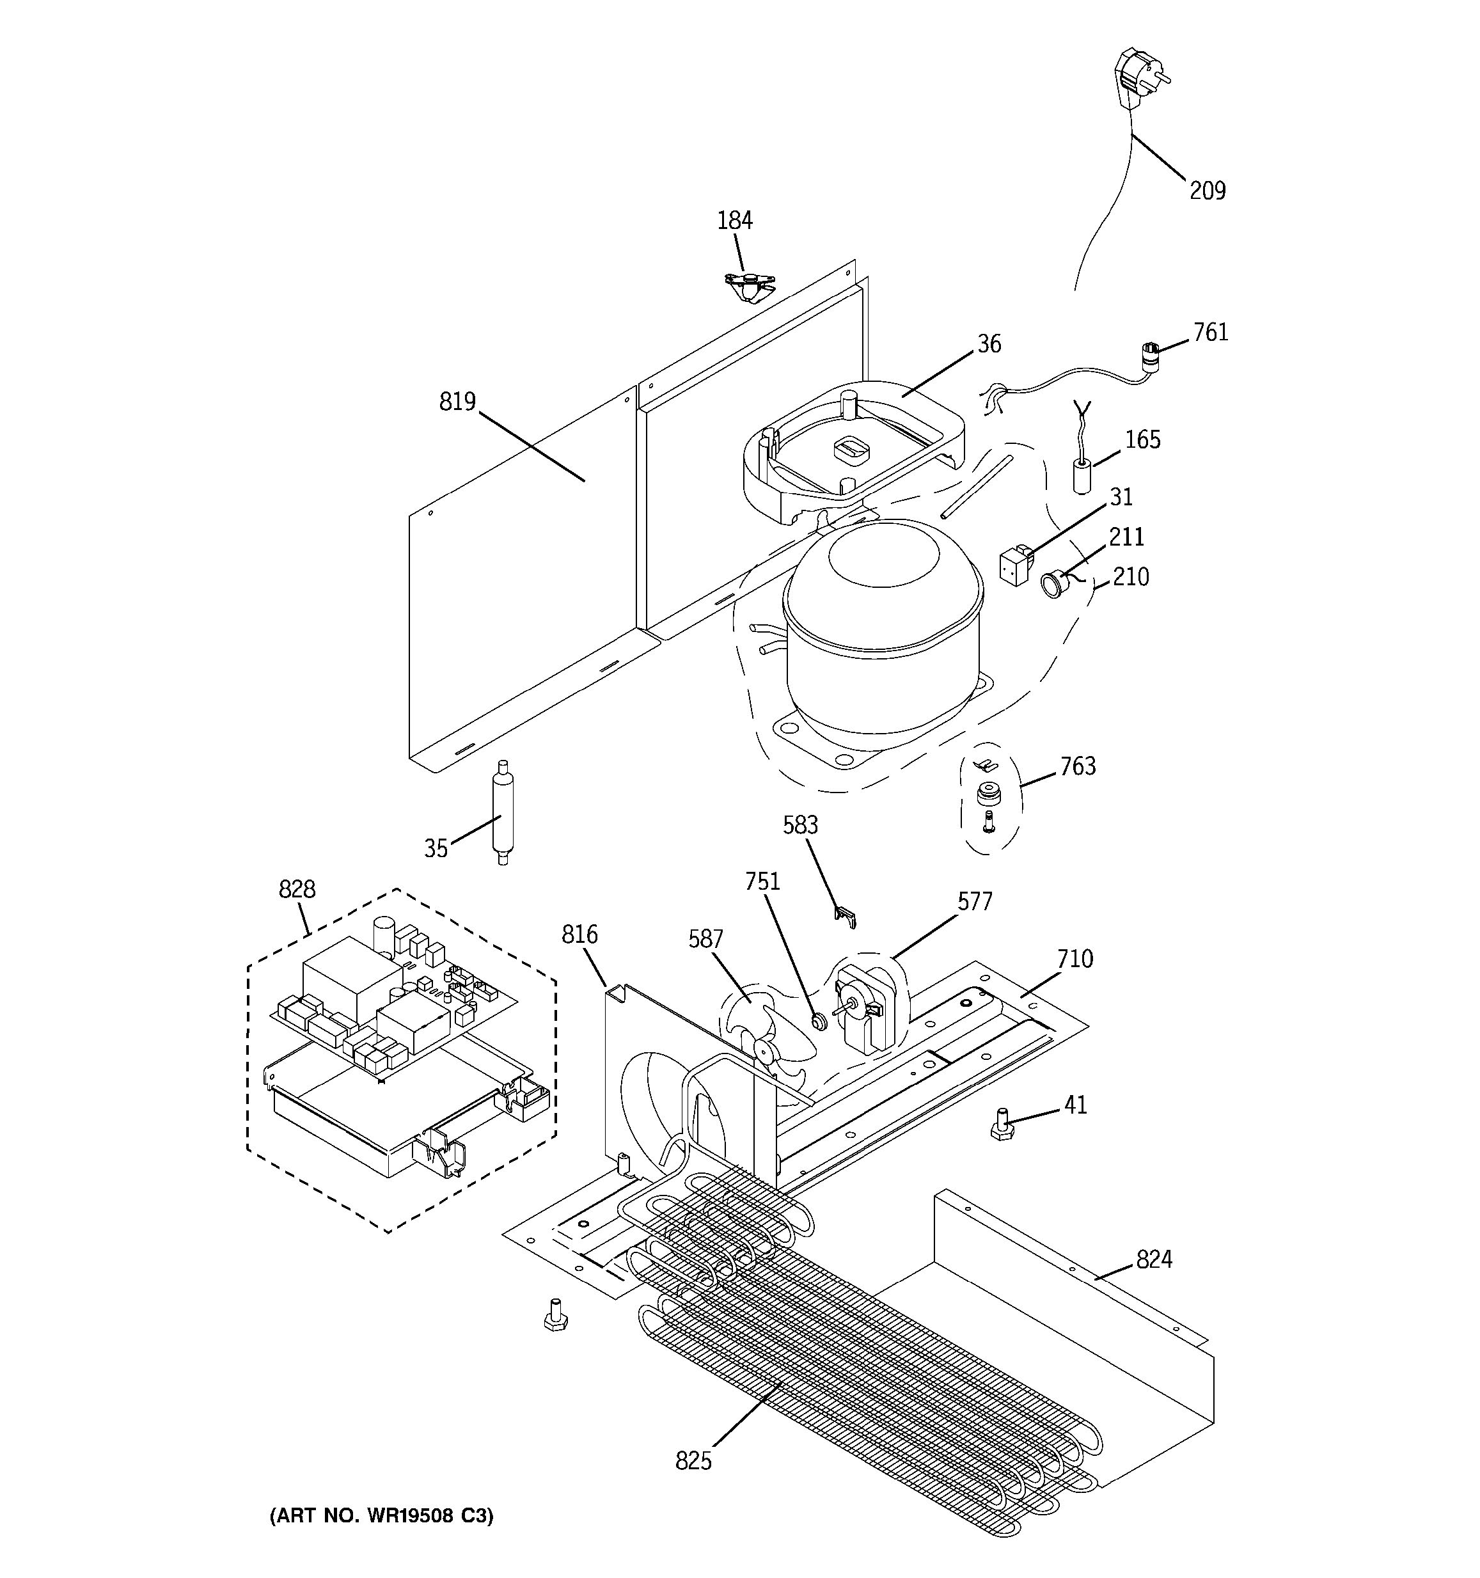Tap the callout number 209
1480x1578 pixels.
(1206, 191)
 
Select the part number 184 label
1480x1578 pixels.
(734, 221)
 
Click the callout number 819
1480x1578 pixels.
(457, 402)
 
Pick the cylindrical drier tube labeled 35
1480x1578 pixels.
(501, 811)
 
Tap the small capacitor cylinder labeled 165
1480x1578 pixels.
(1082, 475)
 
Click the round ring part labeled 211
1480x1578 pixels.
(1052, 587)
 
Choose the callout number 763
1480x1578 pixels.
(1078, 766)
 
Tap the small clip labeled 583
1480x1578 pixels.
(846, 917)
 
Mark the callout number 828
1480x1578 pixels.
(297, 889)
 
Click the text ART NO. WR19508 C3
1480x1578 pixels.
(382, 1515)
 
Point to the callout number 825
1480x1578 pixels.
(693, 1460)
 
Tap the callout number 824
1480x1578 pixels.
(1153, 1259)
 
